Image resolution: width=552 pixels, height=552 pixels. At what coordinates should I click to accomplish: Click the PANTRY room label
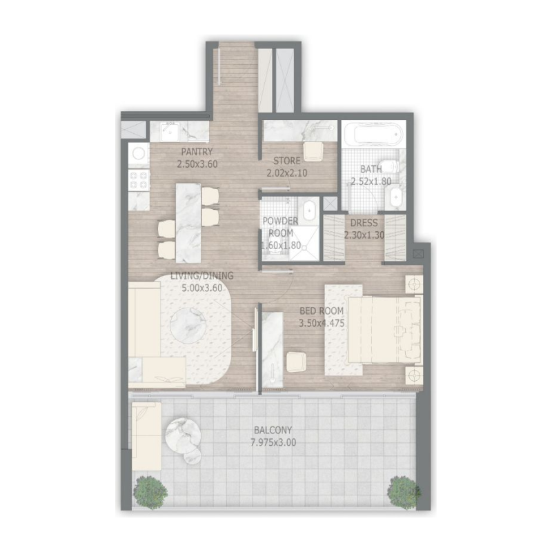click(x=197, y=152)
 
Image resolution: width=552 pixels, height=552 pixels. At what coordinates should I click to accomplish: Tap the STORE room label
click(x=286, y=161)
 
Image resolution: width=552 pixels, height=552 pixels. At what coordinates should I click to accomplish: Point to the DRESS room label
click(x=363, y=223)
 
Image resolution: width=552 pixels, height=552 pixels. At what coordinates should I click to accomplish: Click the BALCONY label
click(x=273, y=431)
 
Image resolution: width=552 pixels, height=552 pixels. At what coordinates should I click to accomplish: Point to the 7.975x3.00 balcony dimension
click(x=273, y=443)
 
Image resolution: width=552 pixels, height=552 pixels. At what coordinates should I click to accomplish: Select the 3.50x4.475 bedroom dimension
click(x=322, y=323)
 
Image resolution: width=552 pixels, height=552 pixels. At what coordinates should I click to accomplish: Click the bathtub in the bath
click(x=372, y=133)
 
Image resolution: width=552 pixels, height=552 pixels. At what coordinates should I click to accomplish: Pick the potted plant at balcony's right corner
click(x=402, y=491)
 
